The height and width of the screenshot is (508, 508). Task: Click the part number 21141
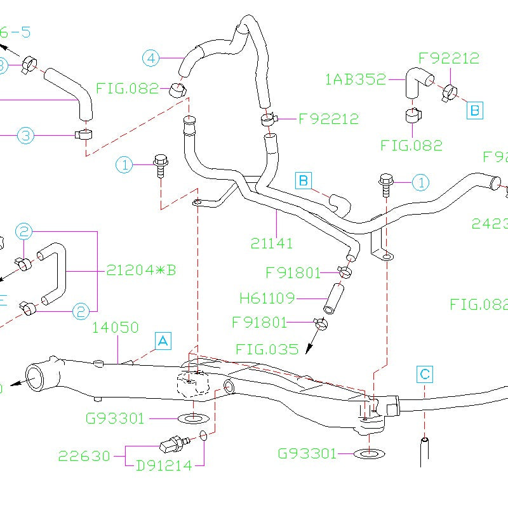272,243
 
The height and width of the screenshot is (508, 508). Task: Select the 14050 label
116,328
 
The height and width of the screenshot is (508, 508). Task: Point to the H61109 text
267,297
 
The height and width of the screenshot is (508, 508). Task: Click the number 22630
84,456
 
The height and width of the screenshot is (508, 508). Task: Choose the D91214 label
164,465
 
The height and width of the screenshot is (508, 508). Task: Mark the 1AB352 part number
355,79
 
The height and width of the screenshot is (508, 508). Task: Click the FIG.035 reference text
267,349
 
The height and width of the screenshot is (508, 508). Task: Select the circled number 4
150,58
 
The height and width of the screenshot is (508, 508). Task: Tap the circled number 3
25,135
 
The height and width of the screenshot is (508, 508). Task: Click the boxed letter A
163,341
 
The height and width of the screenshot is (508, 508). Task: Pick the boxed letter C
425,374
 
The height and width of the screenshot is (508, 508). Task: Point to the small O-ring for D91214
203,436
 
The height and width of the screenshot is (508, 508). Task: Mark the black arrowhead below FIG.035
309,349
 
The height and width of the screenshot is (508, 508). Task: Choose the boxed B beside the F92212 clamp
475,110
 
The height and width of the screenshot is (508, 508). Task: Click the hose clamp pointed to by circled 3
83,134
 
